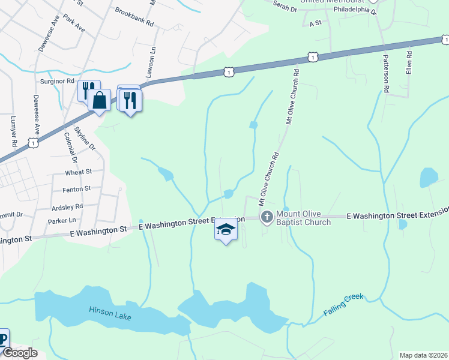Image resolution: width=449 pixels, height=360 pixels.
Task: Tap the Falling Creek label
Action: click(x=343, y=305)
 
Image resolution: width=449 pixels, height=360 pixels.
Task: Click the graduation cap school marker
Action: click(x=226, y=230)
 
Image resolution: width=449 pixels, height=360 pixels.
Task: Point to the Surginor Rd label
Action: click(x=57, y=80)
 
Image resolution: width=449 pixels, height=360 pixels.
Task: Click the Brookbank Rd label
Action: click(x=134, y=16)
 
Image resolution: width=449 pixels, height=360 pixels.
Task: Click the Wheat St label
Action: click(x=78, y=172)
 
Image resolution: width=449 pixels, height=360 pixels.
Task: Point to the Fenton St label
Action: click(x=76, y=188)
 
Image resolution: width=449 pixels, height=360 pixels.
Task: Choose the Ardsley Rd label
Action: click(x=68, y=206)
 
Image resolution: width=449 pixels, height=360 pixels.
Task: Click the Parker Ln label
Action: click(x=61, y=220)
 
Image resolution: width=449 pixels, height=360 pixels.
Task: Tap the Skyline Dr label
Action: click(x=85, y=138)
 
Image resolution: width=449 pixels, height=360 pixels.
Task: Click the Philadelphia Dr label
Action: click(x=354, y=11)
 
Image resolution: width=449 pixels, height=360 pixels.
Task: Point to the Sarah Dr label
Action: click(x=285, y=8)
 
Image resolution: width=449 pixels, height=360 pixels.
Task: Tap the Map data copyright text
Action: click(x=423, y=355)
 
